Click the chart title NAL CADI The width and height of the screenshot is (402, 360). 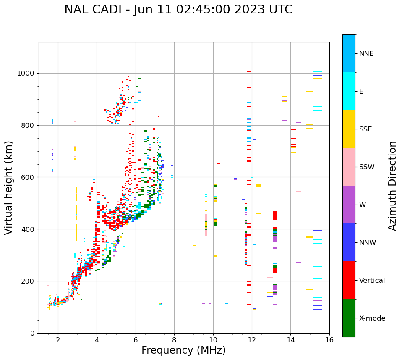(92, 10)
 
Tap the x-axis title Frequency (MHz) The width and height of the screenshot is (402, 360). (183, 350)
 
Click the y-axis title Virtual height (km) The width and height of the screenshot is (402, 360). (9, 187)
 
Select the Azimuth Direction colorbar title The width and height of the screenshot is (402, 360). (392, 185)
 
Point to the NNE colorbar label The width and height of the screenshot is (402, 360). (366, 54)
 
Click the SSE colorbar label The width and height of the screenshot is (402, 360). (365, 129)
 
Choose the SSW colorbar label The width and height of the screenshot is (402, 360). (367, 167)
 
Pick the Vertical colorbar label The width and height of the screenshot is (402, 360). (372, 281)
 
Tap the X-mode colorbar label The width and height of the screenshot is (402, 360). (372, 318)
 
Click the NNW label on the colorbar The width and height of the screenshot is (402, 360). (368, 243)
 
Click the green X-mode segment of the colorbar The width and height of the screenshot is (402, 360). (349, 318)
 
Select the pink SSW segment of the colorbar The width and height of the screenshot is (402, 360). (349, 167)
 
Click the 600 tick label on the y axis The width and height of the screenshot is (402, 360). (29, 177)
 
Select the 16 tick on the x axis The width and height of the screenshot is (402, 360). (329, 340)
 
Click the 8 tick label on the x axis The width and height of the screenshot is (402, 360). (174, 340)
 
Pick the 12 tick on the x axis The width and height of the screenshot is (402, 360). (252, 340)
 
